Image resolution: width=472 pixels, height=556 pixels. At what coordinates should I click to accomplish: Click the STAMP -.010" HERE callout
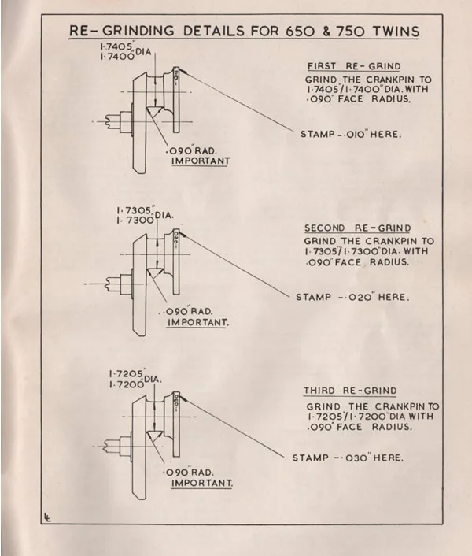point(351,134)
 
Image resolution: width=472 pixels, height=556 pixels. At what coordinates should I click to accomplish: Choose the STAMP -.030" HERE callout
point(348,458)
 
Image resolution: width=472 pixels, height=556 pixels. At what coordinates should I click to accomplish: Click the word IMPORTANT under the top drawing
point(201,161)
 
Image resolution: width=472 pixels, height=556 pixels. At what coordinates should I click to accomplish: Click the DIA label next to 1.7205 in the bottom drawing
point(152,379)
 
